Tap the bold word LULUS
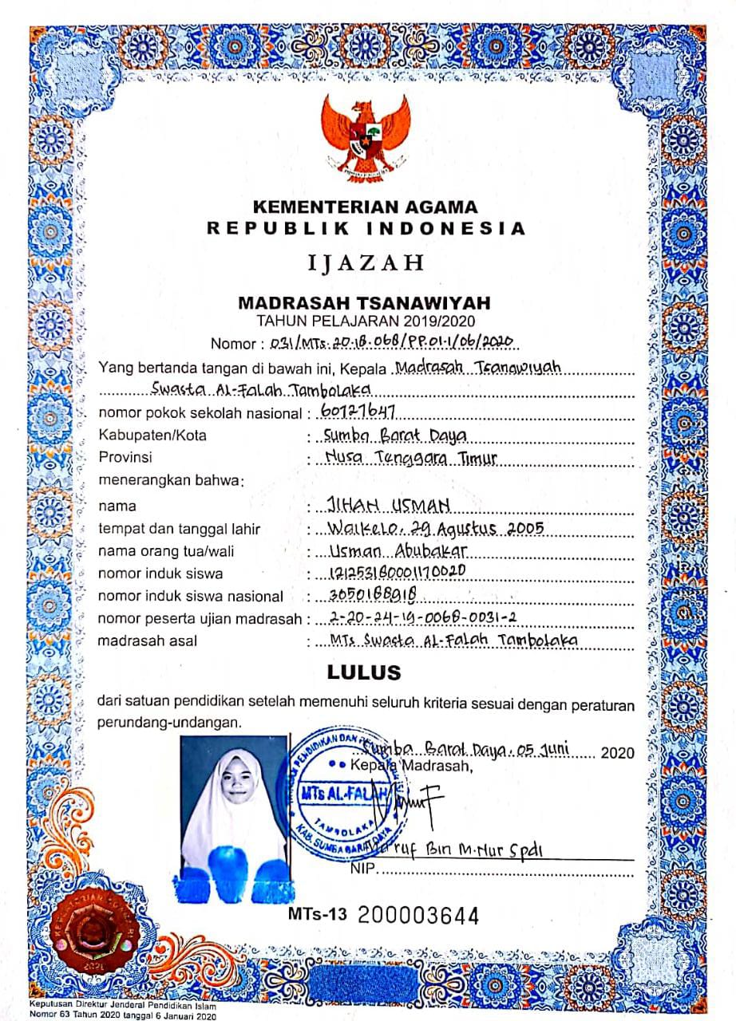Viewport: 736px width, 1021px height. [364, 672]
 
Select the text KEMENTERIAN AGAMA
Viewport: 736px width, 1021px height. [366, 207]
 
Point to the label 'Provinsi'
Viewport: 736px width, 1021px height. [125, 458]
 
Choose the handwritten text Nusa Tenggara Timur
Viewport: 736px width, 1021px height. [412, 458]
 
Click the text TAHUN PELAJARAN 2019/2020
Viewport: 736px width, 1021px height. [366, 321]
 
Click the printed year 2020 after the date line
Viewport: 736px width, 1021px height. [616, 752]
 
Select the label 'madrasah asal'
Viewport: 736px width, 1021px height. [147, 641]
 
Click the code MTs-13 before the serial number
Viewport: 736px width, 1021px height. [319, 914]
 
